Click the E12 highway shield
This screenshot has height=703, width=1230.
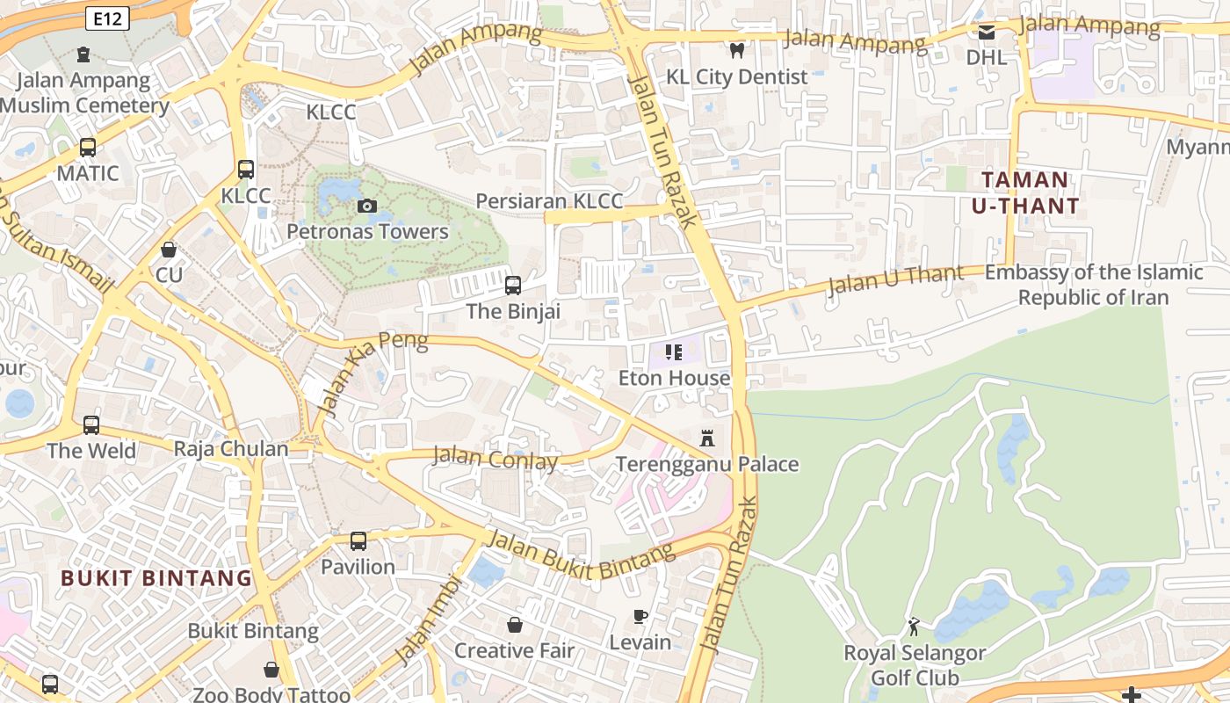click(x=109, y=18)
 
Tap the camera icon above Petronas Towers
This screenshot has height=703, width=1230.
click(x=367, y=207)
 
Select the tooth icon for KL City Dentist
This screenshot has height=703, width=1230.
click(x=737, y=51)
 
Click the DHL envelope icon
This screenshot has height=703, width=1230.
click(x=986, y=33)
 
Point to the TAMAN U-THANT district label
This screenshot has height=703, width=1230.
click(x=1024, y=193)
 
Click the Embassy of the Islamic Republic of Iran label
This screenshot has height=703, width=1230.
click(x=1093, y=285)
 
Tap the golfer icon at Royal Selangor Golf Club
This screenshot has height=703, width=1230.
click(x=914, y=627)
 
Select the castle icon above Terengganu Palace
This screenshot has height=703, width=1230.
click(x=707, y=438)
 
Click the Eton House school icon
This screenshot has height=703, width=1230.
click(x=674, y=352)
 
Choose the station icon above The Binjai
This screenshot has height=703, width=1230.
click(x=513, y=286)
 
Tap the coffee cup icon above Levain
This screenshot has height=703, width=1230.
click(x=640, y=617)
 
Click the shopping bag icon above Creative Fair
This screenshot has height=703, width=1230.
click(x=515, y=625)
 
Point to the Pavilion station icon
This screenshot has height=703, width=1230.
click(x=358, y=541)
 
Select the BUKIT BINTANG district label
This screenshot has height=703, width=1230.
click(x=156, y=578)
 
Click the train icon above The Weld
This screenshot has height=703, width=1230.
click(x=91, y=425)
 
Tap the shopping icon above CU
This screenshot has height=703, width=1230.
click(x=169, y=250)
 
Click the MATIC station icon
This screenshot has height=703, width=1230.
click(x=87, y=148)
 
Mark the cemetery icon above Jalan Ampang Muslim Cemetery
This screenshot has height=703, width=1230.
click(x=83, y=54)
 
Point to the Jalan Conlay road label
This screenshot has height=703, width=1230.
click(x=496, y=459)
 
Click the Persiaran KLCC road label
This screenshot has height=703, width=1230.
click(x=549, y=201)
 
